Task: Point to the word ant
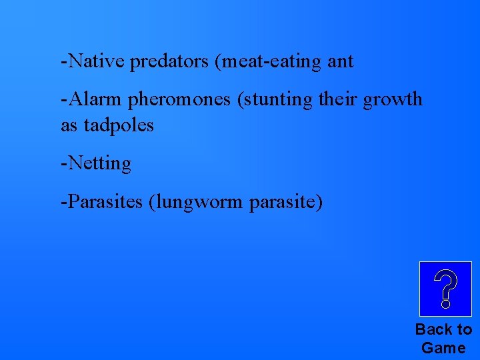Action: tap(341, 63)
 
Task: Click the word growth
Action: tap(393, 100)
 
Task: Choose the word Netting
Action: tap(98, 163)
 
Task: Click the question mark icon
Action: tap(445, 289)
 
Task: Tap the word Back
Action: tap(435, 329)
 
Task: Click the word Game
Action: tap(443, 347)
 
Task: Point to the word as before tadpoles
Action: tap(69, 125)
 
